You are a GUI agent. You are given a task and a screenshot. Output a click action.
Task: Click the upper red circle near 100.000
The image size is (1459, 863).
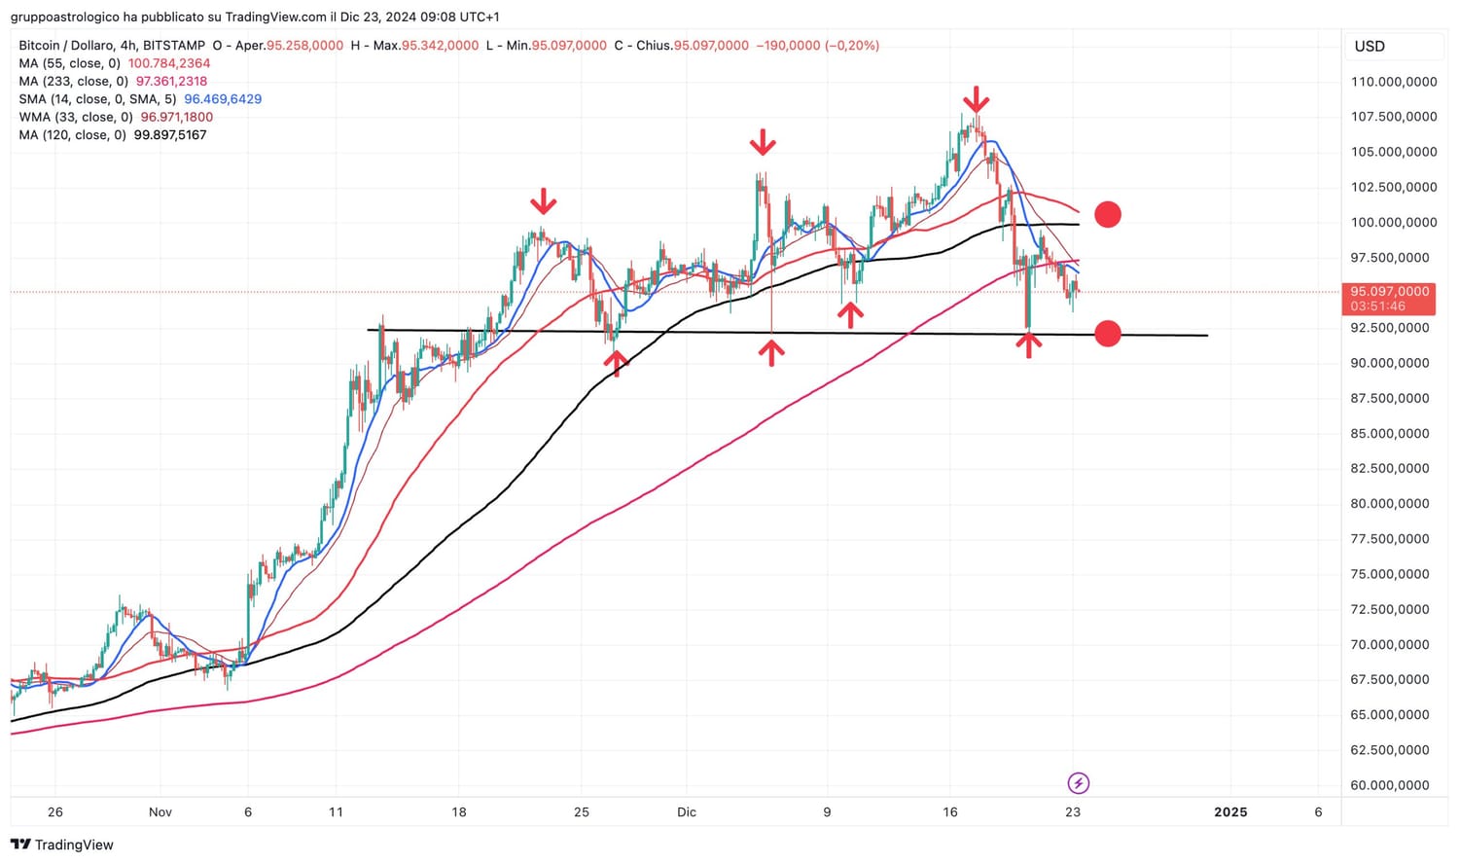click(1107, 214)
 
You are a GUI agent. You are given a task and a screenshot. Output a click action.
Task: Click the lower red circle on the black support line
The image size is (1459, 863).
click(1107, 334)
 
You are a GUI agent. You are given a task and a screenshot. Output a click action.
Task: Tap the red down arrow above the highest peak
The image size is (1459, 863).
click(976, 99)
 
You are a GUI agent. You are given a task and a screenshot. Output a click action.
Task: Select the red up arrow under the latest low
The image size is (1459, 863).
click(1029, 344)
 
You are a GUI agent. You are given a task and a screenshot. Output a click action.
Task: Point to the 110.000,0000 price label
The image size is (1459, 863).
click(1393, 82)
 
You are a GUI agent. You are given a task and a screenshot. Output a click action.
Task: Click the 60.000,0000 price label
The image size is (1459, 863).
click(1389, 785)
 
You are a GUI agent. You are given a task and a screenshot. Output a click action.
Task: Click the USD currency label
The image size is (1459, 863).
click(1370, 46)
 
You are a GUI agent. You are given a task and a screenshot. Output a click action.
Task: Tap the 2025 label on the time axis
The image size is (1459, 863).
click(1230, 811)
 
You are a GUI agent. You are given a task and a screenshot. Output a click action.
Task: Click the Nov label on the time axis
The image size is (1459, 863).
click(160, 811)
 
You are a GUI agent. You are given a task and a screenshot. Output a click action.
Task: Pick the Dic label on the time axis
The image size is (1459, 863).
click(687, 811)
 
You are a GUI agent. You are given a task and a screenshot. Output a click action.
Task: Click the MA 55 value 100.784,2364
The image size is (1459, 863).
click(169, 63)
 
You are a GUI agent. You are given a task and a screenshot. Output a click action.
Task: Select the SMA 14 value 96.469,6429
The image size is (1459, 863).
click(223, 99)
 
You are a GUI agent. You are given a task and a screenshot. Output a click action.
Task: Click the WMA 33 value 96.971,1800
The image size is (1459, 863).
click(176, 117)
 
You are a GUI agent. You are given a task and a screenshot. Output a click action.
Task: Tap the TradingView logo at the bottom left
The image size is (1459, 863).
click(61, 845)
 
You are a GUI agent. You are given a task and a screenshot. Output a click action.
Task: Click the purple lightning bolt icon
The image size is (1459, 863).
click(1078, 783)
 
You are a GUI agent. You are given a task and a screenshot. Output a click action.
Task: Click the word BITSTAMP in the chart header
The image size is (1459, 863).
click(174, 46)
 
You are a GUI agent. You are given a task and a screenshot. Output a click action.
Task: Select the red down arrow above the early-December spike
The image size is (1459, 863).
click(763, 144)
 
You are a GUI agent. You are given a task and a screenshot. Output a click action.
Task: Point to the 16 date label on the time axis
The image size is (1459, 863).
click(950, 811)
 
